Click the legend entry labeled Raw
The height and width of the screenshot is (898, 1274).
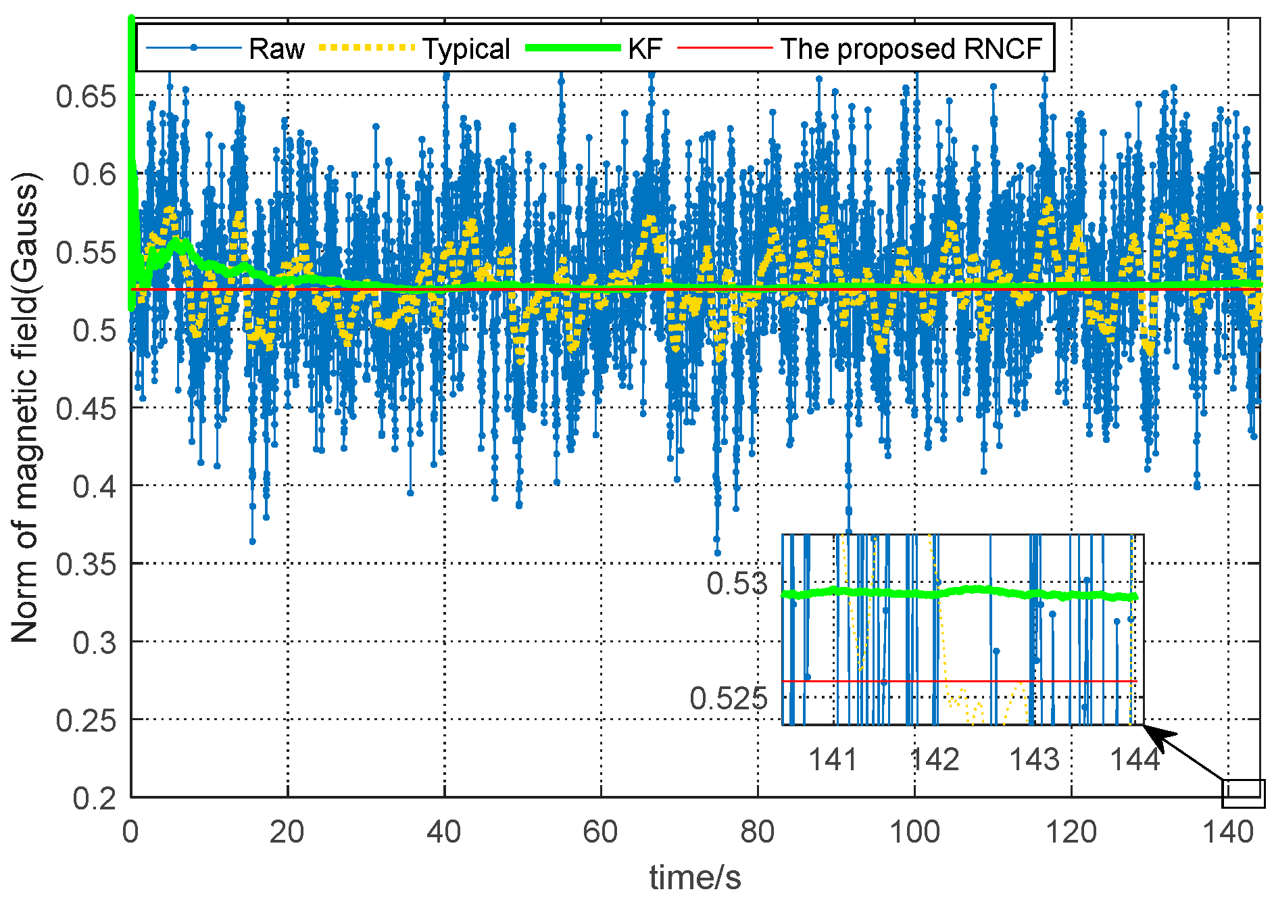click(276, 49)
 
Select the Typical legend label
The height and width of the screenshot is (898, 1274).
click(466, 49)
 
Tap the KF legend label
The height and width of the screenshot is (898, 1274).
click(645, 49)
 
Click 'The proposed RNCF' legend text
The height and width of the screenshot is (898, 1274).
click(912, 49)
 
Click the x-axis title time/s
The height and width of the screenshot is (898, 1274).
click(695, 877)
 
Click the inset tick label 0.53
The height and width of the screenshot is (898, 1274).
click(737, 584)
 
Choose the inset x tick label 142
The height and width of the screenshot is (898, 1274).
click(935, 759)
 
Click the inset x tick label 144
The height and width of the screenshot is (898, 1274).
click(1135, 759)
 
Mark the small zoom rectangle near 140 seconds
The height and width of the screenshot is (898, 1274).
click(1243, 793)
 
